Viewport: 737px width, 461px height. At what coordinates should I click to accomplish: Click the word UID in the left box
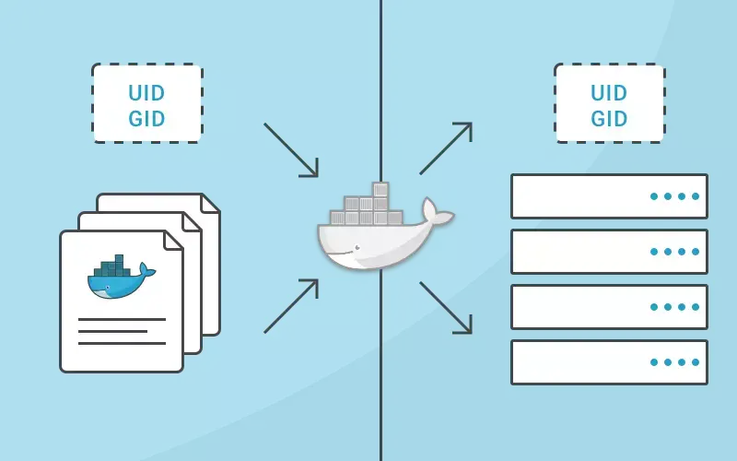[146, 92]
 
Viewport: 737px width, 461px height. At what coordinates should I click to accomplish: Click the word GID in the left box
[146, 117]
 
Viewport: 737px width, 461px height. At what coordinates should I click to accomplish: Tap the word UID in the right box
[609, 92]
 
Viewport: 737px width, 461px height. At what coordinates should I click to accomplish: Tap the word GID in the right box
[609, 117]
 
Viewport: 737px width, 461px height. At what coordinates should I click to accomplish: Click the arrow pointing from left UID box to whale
[291, 149]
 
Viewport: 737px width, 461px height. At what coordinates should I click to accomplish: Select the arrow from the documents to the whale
[291, 306]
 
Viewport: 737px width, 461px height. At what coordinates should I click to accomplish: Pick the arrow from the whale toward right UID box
[446, 148]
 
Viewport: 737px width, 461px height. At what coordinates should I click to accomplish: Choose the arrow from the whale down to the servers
[446, 308]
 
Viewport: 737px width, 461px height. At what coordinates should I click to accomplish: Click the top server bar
[609, 196]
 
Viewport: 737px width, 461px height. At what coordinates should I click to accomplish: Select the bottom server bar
[609, 362]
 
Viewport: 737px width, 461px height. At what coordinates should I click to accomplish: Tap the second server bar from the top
[609, 252]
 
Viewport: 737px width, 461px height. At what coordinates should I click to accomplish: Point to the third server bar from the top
[609, 307]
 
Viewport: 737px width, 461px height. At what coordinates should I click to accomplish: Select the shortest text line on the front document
[112, 331]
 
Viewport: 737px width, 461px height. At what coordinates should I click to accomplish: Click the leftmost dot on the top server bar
[654, 196]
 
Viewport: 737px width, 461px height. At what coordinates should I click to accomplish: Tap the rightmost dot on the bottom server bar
[696, 362]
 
